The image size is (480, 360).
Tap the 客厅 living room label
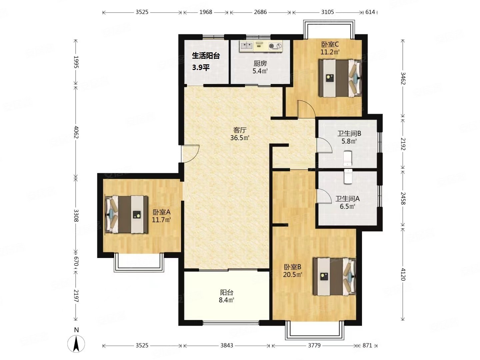(240, 130)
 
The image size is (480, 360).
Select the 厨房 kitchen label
(260, 64)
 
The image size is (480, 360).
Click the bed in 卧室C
(340, 78)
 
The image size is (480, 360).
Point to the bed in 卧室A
(126, 214)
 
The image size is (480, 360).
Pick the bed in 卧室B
(334, 277)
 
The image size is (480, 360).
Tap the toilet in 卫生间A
(348, 176)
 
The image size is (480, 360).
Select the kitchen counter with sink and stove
(261, 46)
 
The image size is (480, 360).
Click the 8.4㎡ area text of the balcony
(226, 300)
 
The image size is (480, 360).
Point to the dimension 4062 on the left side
(76, 132)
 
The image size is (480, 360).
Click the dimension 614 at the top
(370, 12)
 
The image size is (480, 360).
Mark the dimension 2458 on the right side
(403, 198)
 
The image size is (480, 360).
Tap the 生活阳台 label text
(206, 56)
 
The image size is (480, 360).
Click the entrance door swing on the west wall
(190, 154)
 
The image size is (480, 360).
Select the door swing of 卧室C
(306, 109)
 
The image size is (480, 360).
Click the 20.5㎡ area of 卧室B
(292, 275)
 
